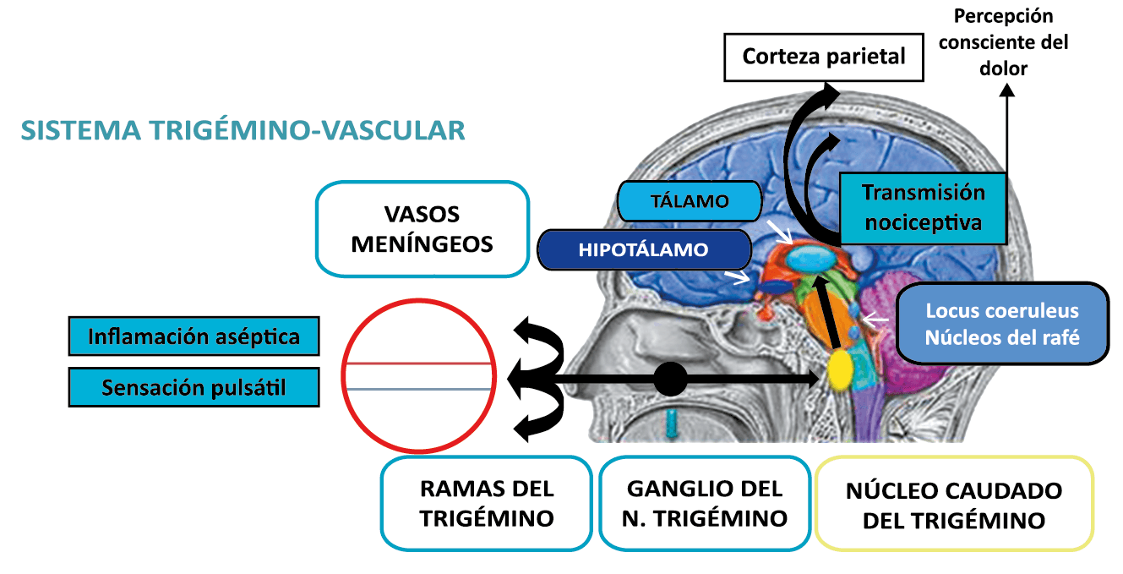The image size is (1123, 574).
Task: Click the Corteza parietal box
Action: (x=823, y=57)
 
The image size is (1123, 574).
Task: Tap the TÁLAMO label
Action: (x=690, y=201)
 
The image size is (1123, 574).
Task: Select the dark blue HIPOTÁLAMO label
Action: (x=643, y=250)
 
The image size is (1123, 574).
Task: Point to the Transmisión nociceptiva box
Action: (x=923, y=207)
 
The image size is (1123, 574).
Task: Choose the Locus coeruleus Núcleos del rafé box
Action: (x=1001, y=324)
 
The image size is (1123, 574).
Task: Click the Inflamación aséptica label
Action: (x=194, y=336)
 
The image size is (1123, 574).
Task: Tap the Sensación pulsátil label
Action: (x=194, y=387)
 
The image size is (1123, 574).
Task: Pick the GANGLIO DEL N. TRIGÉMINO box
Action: (x=705, y=503)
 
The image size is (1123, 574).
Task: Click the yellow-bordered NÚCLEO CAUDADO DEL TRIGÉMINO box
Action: (x=953, y=505)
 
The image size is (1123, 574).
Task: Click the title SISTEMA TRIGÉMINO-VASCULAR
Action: (x=243, y=130)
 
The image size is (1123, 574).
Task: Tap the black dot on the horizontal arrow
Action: (x=671, y=379)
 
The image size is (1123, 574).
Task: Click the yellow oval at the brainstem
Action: (x=840, y=369)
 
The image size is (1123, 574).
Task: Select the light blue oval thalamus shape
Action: (x=812, y=261)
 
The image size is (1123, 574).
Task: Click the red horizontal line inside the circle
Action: (x=418, y=364)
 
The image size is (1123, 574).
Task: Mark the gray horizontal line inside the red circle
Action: (x=418, y=388)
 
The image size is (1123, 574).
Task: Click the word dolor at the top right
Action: (x=1003, y=68)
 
